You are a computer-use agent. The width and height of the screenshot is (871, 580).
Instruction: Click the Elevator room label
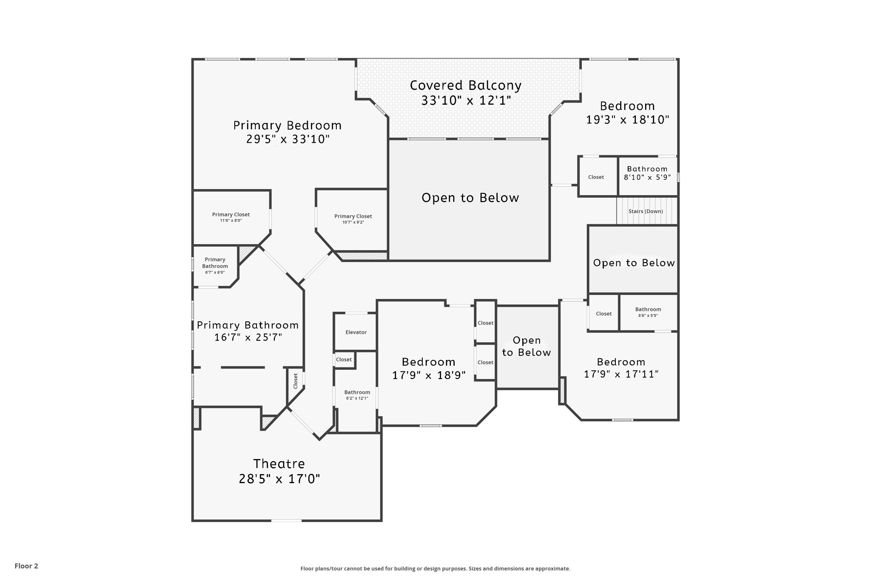point(356,332)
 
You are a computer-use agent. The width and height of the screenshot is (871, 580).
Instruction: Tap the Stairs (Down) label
point(646,211)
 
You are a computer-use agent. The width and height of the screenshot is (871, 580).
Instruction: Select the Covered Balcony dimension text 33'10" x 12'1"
point(466,101)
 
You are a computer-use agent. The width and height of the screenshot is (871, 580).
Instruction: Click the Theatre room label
point(279,464)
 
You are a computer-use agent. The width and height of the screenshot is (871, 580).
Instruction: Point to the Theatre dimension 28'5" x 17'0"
point(279,479)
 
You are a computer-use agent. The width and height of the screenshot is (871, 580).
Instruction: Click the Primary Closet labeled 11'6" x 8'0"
point(231,217)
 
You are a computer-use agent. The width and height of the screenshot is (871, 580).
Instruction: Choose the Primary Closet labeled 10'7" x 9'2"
point(353,219)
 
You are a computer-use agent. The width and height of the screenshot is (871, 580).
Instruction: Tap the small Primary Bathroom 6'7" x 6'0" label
point(215,266)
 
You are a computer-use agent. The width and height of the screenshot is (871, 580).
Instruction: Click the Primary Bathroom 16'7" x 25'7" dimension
point(248,337)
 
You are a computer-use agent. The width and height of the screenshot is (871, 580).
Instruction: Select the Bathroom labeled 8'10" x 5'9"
point(647,173)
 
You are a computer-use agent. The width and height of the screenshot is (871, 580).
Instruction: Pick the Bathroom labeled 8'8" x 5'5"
point(648,312)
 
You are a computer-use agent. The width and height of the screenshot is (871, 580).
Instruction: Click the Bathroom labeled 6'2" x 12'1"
point(357,395)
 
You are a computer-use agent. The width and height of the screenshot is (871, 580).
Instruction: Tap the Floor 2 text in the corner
point(26,566)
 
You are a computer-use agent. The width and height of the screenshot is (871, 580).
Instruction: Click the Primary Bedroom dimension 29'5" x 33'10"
point(288,139)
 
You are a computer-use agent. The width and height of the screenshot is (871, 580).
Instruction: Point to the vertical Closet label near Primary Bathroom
point(296,381)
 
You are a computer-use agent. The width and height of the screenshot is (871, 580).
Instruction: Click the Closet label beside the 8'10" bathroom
point(596,177)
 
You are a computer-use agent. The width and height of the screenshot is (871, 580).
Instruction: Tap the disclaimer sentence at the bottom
point(435,569)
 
